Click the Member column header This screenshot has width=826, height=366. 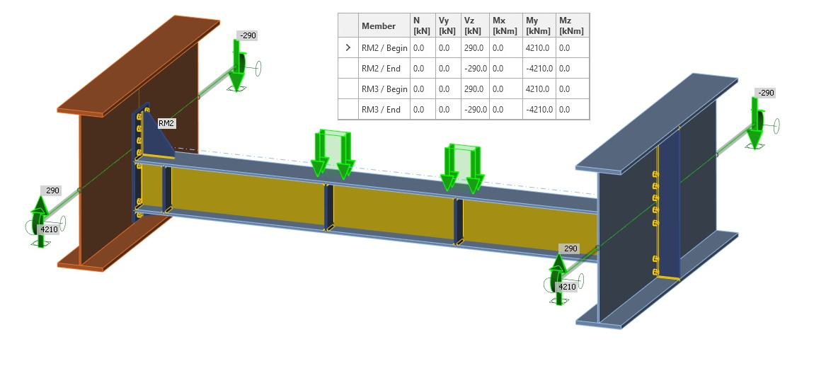click(x=379, y=26)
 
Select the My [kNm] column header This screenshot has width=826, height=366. click(x=537, y=25)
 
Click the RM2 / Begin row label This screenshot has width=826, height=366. click(x=384, y=48)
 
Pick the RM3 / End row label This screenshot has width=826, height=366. click(x=381, y=110)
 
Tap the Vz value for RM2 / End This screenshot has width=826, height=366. click(x=474, y=69)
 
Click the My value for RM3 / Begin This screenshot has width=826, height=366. click(x=537, y=89)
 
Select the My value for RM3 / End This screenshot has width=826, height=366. click(x=539, y=110)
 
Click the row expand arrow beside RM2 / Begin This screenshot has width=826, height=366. click(x=348, y=48)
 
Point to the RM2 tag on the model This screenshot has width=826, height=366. click(x=166, y=123)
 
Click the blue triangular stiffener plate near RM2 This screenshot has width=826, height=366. click(x=157, y=139)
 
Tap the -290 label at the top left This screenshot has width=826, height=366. click(x=248, y=35)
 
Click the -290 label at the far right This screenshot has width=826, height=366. click(x=766, y=93)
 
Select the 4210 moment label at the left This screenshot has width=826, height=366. click(x=50, y=229)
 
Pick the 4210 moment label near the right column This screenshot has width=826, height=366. click(x=568, y=287)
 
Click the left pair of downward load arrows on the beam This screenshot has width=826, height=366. click(x=331, y=154)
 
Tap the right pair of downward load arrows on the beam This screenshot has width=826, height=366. click(x=461, y=168)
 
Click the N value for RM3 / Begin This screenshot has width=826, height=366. click(x=418, y=89)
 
